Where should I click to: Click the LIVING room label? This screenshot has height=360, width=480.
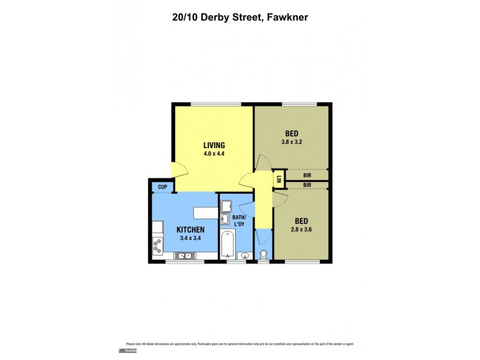pos(214,145)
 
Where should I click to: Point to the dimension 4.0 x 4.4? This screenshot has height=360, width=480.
pos(214,154)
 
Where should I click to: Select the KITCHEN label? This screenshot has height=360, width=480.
pos(191,230)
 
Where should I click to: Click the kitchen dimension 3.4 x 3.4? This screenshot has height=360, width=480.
pos(191,238)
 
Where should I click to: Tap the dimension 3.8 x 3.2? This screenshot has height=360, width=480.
pos(291,142)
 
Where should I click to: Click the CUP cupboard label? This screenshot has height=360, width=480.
pos(162,187)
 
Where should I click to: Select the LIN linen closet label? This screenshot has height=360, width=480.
pos(279,178)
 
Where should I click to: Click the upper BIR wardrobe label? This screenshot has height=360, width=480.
pos(307,176)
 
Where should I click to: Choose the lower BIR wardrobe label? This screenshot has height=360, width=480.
pos(307,185)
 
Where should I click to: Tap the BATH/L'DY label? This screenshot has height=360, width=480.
pos(239,220)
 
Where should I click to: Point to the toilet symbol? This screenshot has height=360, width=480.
pos(263,254)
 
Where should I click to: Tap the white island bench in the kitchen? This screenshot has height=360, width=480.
pos(205,212)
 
